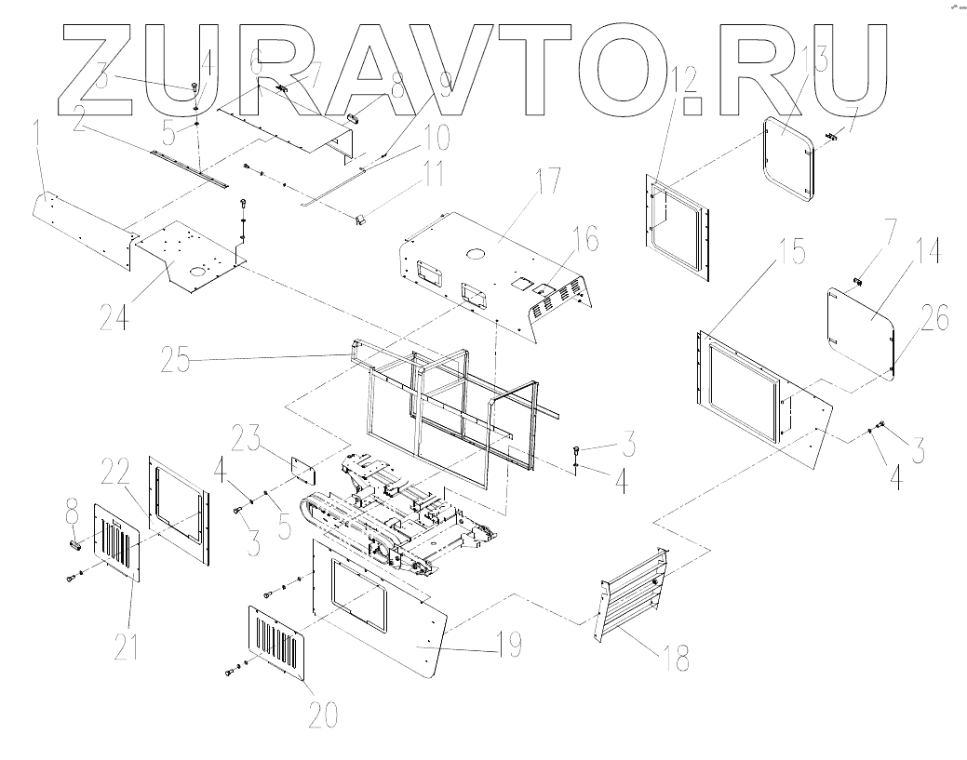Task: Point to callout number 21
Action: pos(127,642)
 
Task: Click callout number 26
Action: pos(935,320)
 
